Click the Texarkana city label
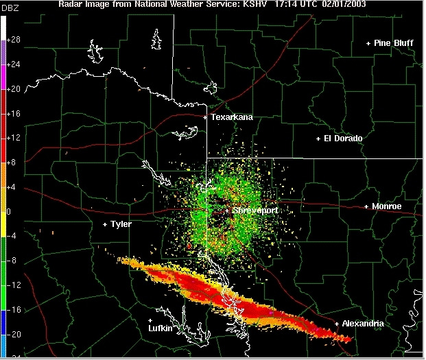click(x=232, y=117)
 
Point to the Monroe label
click(x=387, y=206)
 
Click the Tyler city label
click(x=121, y=224)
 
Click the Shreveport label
click(x=255, y=211)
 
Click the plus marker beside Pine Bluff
click(x=368, y=43)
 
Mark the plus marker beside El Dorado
click(x=318, y=139)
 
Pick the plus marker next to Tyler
click(x=105, y=224)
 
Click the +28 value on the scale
click(x=14, y=40)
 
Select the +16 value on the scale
click(x=14, y=114)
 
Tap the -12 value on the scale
click(x=14, y=285)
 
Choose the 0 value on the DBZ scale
click(x=10, y=211)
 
